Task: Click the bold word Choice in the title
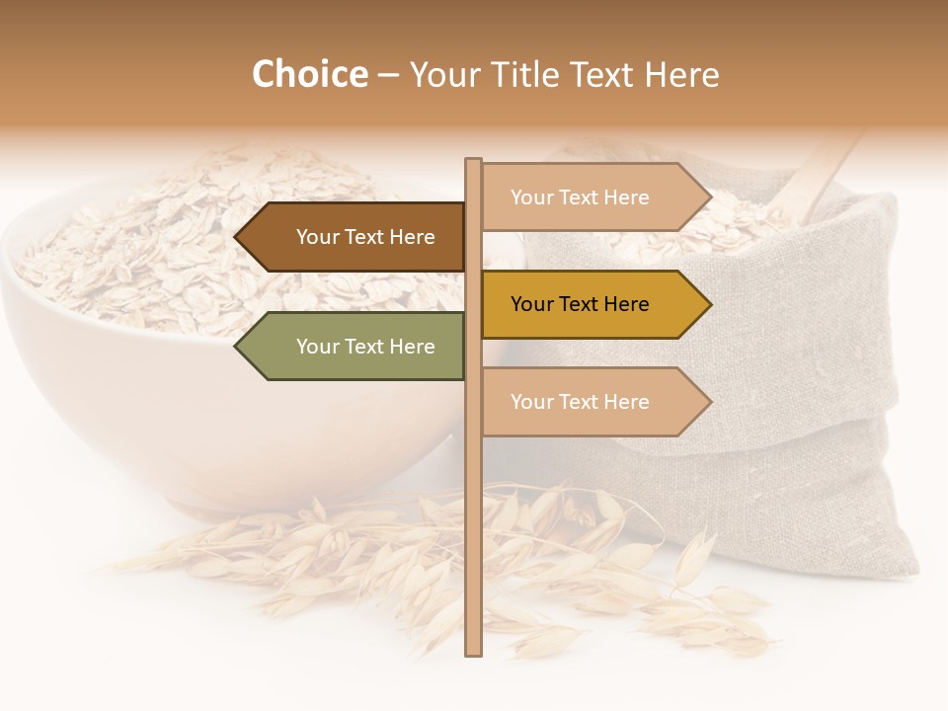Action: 309,75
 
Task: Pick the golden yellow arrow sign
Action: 592,304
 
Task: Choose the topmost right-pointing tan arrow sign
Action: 592,197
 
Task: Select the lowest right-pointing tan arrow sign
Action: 592,402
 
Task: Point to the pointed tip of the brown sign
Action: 238,237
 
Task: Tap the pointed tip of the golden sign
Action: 708,304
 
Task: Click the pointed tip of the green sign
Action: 238,347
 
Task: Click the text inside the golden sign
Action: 580,304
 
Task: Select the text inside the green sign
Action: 365,347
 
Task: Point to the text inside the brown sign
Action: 365,237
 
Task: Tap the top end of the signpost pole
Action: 473,162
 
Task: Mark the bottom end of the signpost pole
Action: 473,652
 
